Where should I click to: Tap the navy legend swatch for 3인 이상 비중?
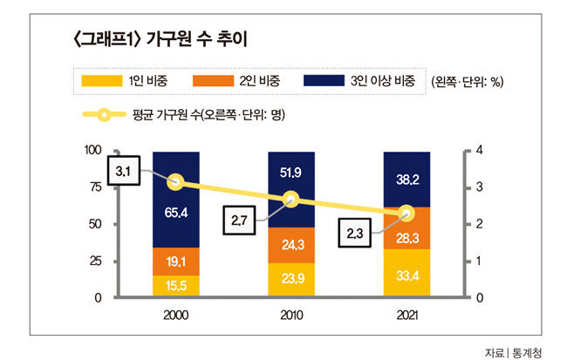(327, 81)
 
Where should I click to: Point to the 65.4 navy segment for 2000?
(175, 212)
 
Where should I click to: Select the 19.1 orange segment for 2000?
(175, 261)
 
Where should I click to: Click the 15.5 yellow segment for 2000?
(175, 285)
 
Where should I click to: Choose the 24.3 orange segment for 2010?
(291, 245)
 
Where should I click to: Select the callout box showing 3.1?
(124, 172)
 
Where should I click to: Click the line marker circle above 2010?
(291, 199)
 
